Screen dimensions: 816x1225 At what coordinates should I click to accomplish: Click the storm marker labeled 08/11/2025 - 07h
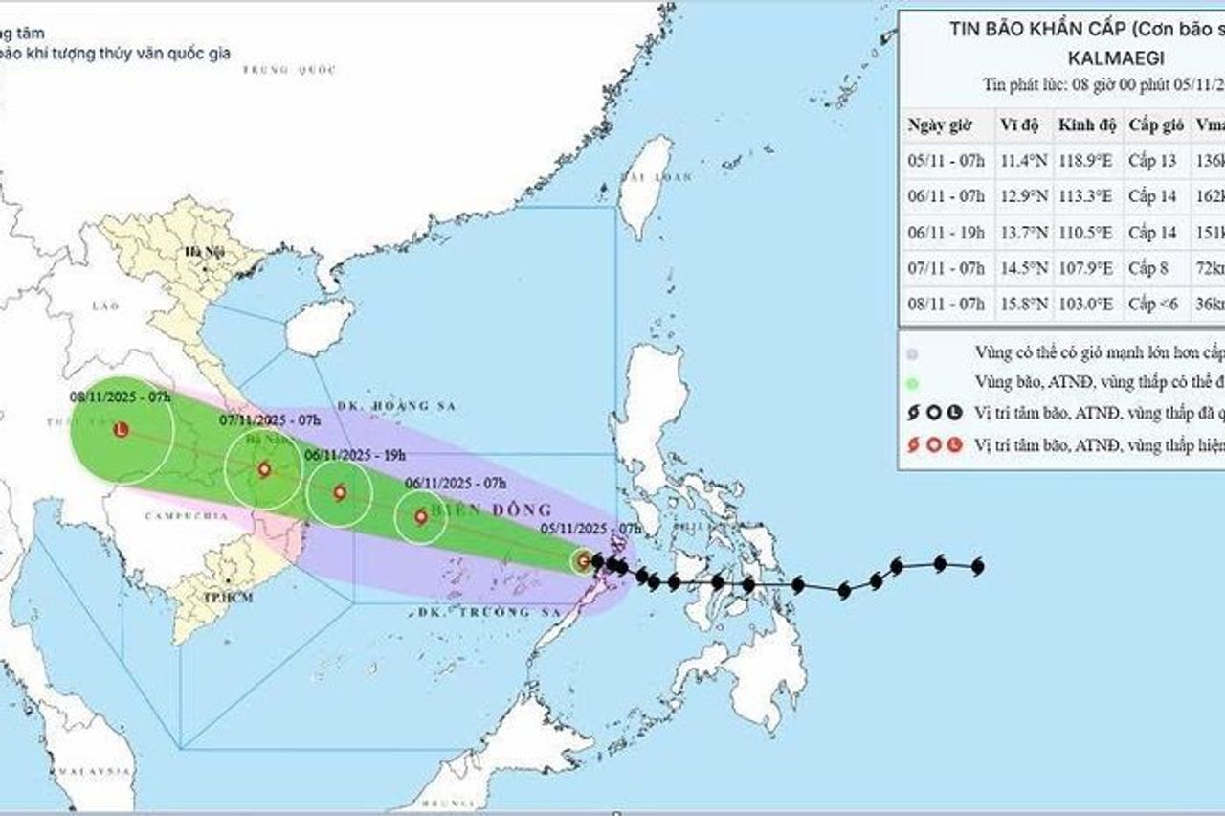pos(121,431)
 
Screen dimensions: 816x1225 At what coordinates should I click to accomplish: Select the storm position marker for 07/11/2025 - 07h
pos(263,469)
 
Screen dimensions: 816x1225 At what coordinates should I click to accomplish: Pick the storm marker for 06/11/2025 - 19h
pos(339,493)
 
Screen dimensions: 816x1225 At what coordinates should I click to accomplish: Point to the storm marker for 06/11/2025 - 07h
pos(421,517)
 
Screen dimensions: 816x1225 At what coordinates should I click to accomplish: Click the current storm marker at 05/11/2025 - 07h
pos(584,560)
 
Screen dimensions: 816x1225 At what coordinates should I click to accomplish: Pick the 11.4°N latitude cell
pos(1022,161)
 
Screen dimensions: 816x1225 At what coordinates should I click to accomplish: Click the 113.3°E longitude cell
pos(1085,196)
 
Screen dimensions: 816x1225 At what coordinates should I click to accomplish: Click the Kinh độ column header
pos(1085,125)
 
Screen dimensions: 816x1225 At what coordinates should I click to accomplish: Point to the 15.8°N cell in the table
pos(1022,305)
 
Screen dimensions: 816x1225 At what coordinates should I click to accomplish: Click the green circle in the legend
pos(912,383)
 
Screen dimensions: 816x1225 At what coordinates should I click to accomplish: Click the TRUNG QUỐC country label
pos(277,70)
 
